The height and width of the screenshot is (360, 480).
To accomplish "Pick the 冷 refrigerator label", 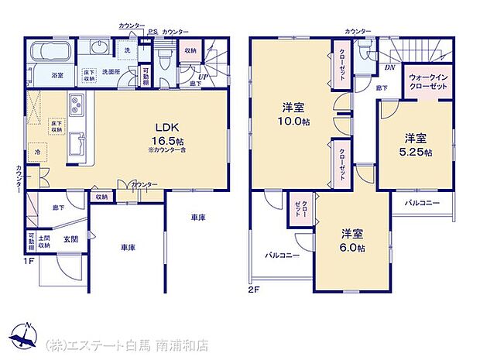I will [36, 152].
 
